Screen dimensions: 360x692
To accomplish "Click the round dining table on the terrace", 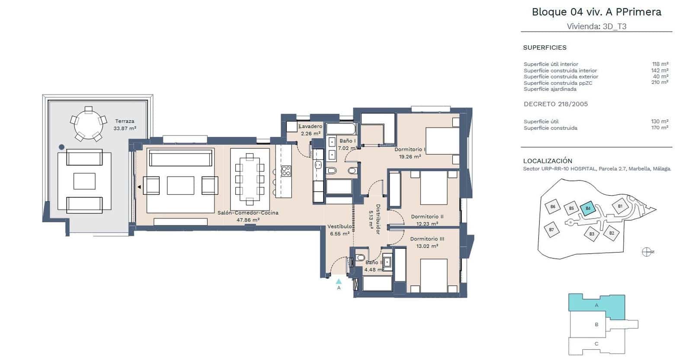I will [88, 124].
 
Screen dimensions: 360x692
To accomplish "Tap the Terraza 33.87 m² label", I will [125, 125].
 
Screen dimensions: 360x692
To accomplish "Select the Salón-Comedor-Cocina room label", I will [248, 216].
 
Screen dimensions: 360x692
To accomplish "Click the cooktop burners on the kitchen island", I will [286, 171].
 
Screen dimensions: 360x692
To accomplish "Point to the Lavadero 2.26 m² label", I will [311, 130].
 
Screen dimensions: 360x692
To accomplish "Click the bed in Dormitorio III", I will [434, 275].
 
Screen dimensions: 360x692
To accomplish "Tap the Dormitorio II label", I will [427, 220].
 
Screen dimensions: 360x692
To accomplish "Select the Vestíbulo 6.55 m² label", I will [340, 230].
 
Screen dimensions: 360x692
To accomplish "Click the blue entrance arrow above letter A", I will [339, 281].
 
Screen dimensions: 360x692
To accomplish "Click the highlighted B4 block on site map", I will [588, 208].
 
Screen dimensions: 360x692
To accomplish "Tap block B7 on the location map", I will [551, 229].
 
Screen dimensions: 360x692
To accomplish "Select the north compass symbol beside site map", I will [647, 252].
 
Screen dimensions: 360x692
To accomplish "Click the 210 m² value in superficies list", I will [660, 82].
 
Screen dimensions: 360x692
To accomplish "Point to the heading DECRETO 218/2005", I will [555, 104].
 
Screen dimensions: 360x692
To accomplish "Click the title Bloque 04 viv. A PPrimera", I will [596, 12].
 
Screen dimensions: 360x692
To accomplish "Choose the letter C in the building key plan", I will [596, 344].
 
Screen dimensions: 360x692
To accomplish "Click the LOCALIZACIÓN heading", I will [547, 161].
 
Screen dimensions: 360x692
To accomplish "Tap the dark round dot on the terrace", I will [62, 147].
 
